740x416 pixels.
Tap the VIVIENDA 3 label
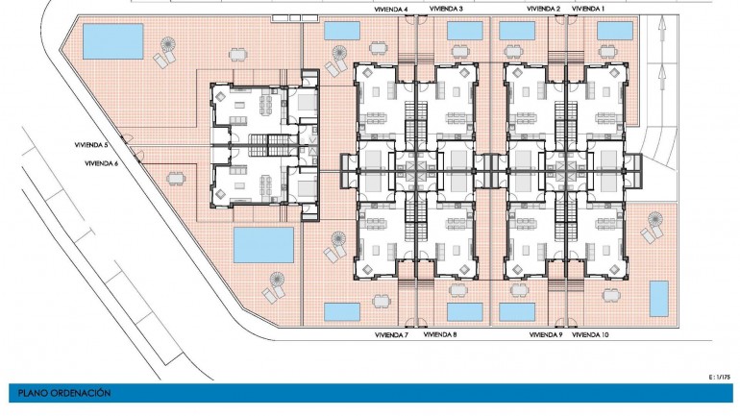click(445, 9)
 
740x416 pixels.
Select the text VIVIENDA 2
click(544, 9)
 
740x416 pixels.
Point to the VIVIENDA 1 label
click(588, 9)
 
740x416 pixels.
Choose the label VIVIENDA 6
click(102, 163)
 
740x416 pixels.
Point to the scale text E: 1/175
click(718, 378)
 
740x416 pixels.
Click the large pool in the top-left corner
click(113, 41)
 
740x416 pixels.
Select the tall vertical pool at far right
click(659, 298)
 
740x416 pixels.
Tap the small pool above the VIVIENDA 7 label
click(342, 311)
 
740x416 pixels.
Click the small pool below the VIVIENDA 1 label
click(614, 31)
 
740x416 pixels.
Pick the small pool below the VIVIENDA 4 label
click(342, 31)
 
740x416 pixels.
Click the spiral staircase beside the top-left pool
click(168, 46)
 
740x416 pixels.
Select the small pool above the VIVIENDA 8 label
click(465, 311)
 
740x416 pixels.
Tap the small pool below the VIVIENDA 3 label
click(465, 31)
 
